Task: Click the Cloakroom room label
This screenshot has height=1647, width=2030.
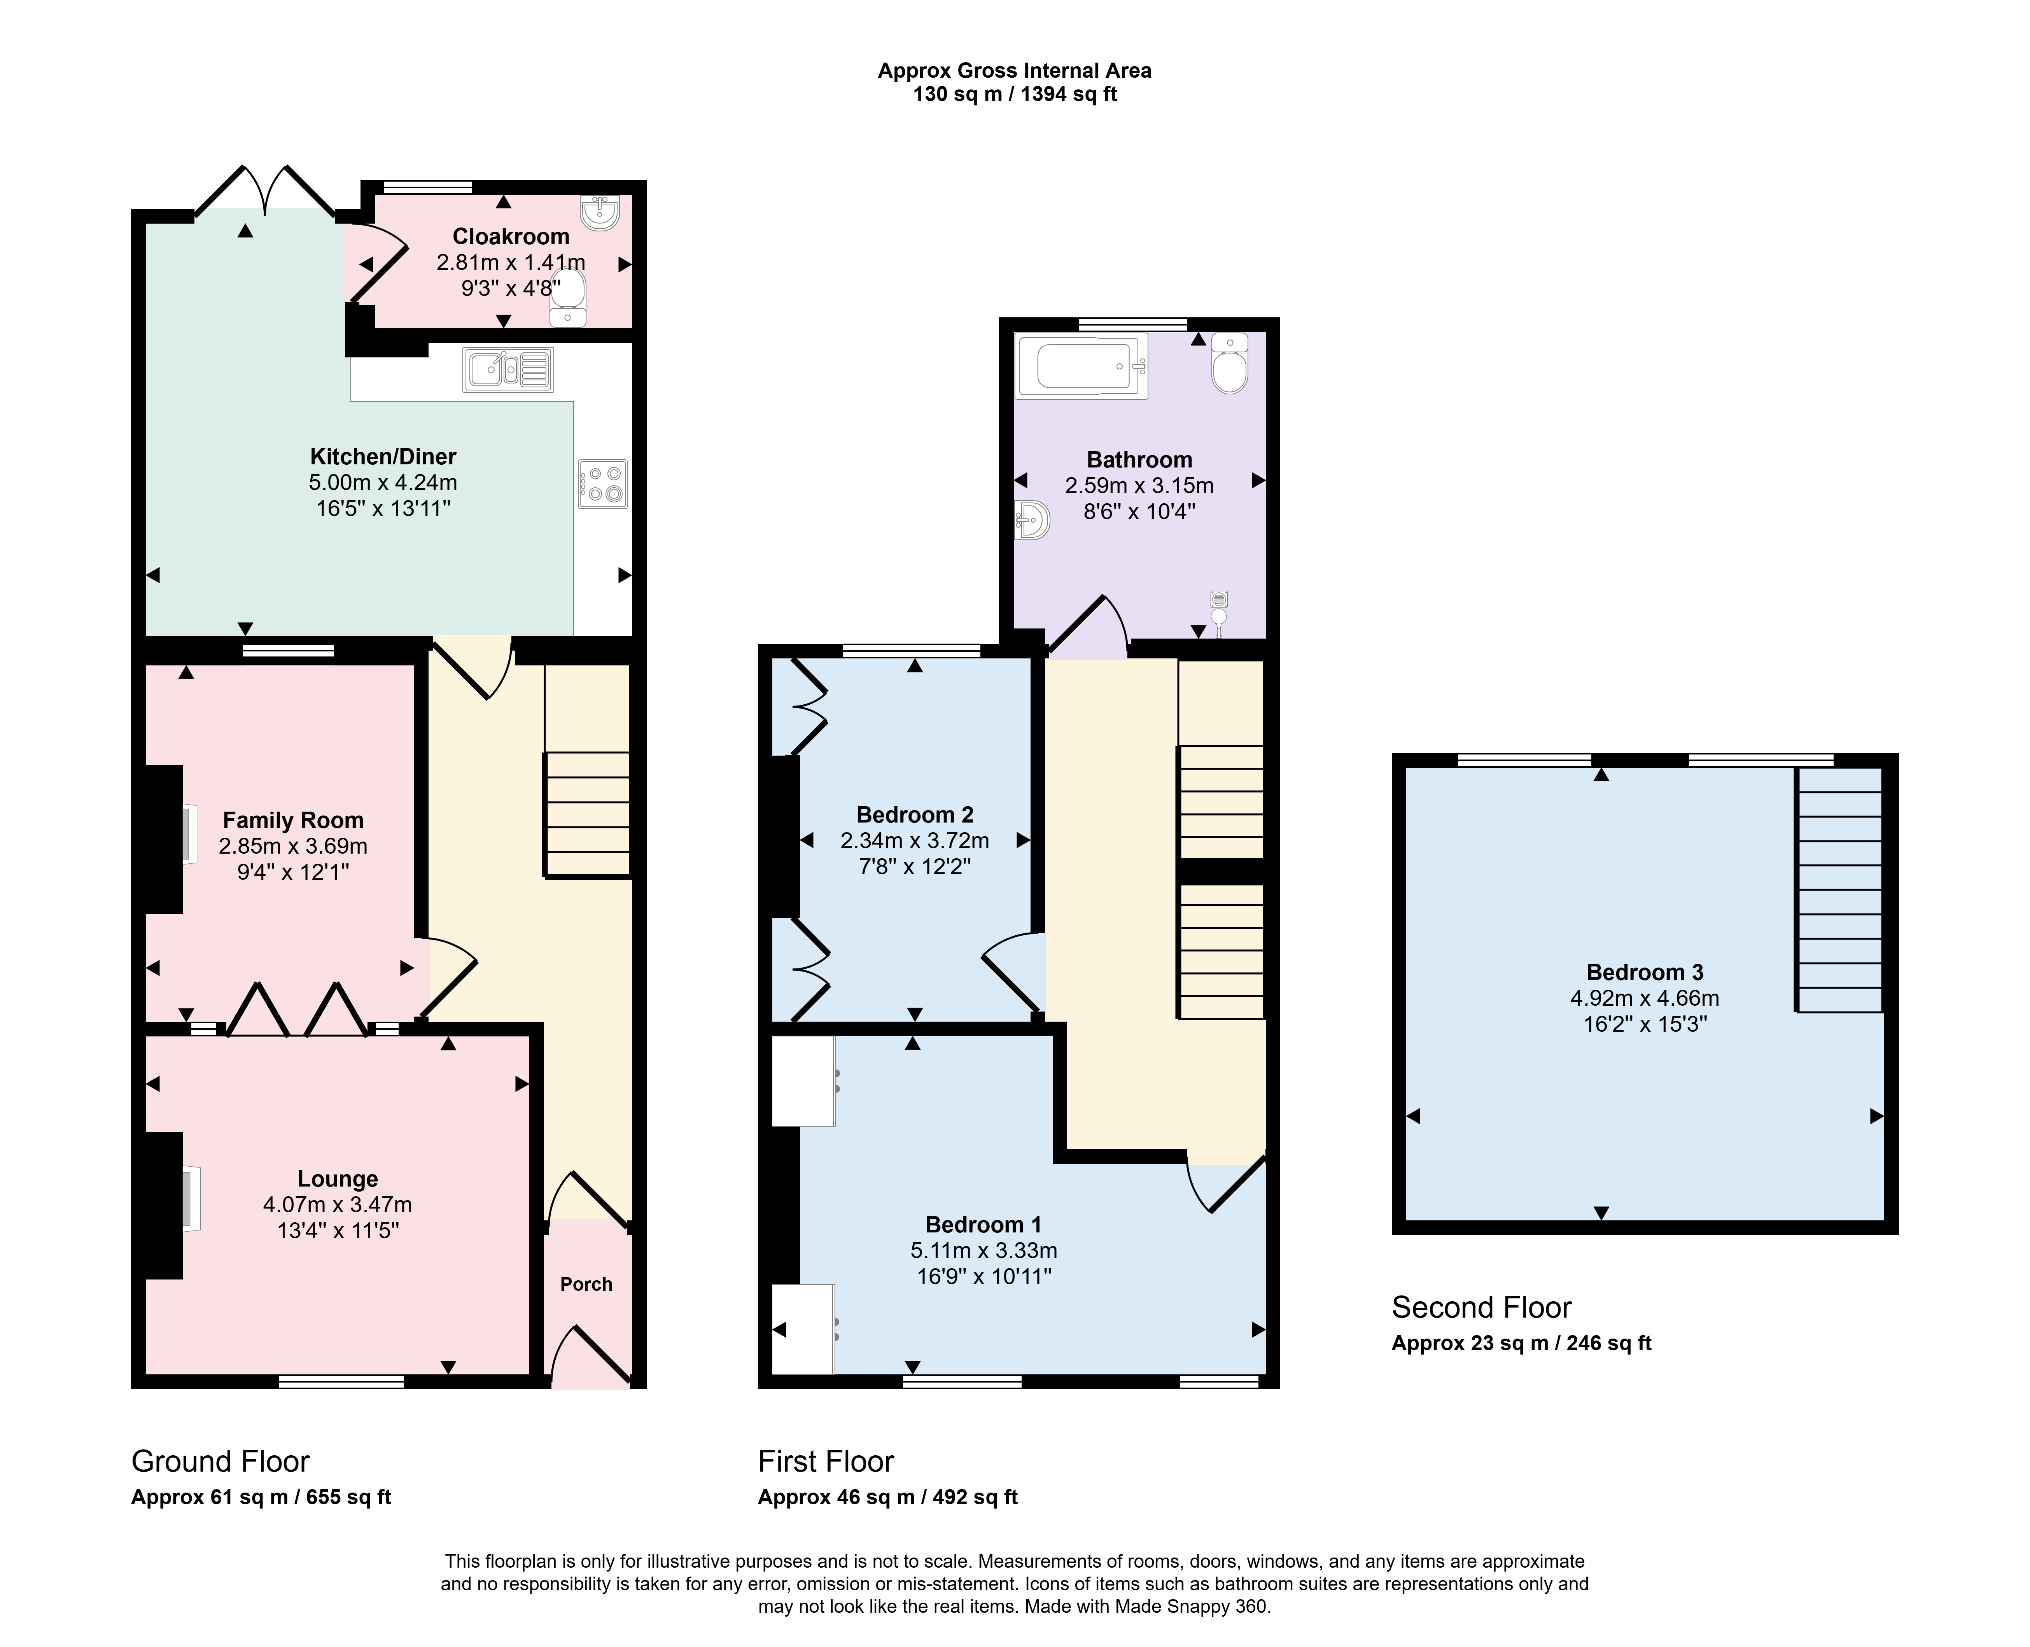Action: (x=510, y=236)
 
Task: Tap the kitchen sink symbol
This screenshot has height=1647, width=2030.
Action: (x=508, y=369)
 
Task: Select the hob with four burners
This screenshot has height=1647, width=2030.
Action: (x=602, y=484)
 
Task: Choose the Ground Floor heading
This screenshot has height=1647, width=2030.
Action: (x=220, y=1461)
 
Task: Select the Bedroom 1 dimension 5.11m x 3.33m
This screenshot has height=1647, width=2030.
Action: (x=984, y=1250)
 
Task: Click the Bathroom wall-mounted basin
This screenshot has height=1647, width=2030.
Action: (x=1031, y=520)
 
